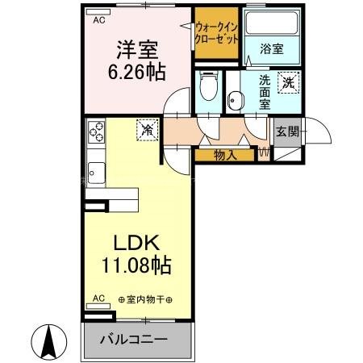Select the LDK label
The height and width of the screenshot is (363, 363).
pos(136,241)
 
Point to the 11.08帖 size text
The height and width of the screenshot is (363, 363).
pos(136,263)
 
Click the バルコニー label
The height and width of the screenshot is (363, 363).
pos(133,339)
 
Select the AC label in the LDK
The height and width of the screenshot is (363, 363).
pos(98,298)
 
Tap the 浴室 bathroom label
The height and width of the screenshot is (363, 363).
pos(270,49)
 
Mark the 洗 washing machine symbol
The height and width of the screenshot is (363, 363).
pos(288,81)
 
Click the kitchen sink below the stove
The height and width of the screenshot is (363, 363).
pos(95,173)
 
